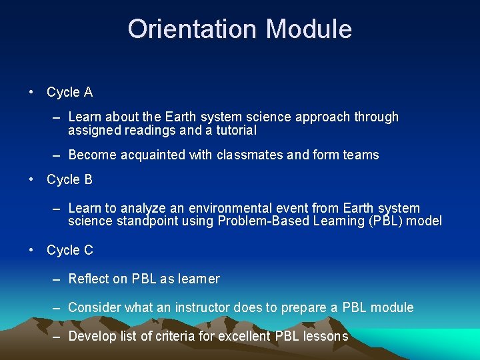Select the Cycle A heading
[69, 92]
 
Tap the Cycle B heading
[69, 179]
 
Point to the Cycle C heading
[69, 250]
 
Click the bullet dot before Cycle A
[31, 92]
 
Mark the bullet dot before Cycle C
[31, 250]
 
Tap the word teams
[361, 155]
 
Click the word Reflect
[88, 279]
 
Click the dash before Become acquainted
[57, 155]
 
